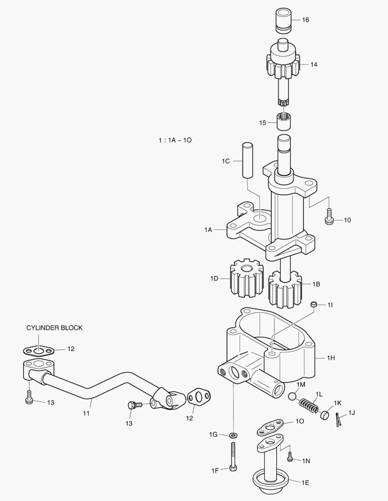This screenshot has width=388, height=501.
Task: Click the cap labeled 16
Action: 283,20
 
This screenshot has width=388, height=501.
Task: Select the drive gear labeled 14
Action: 283,65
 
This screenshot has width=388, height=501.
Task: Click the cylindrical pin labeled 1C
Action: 246,161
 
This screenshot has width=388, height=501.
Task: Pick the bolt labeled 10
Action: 329,217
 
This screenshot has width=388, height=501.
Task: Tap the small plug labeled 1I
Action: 314,304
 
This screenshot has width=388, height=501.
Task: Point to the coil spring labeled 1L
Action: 309,405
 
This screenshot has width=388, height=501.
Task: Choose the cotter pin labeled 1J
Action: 338,419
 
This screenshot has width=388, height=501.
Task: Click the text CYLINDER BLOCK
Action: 54,328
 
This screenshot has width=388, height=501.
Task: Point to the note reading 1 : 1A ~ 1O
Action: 174,140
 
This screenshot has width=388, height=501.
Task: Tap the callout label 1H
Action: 330,358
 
